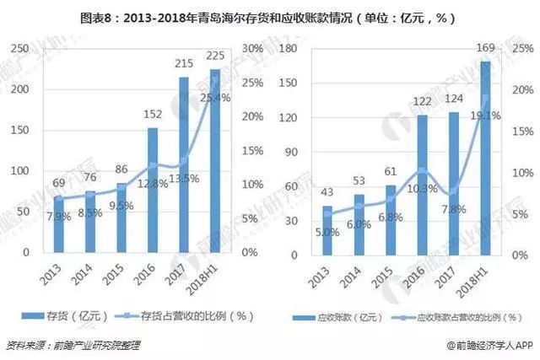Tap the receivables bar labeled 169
pyautogui.click(x=485, y=156)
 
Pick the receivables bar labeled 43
pyautogui.click(x=327, y=228)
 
